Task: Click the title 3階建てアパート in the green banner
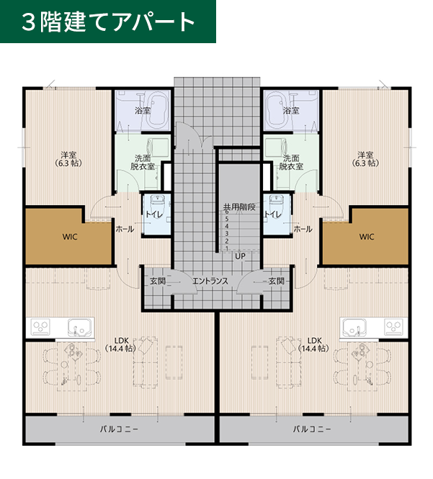(x=108, y=22)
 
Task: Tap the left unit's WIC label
(x=70, y=237)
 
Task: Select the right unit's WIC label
(x=367, y=237)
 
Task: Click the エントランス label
(x=210, y=281)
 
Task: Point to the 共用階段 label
(x=239, y=207)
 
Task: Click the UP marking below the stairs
(x=240, y=256)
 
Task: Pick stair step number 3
(x=227, y=234)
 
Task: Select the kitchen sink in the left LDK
(x=81, y=327)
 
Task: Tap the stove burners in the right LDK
(x=393, y=327)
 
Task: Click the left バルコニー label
(x=119, y=429)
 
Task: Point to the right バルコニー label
(x=312, y=429)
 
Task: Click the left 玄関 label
(x=158, y=281)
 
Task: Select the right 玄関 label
(x=277, y=281)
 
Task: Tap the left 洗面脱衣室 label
(x=143, y=163)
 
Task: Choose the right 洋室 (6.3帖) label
(x=365, y=159)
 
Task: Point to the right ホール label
(x=303, y=229)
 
